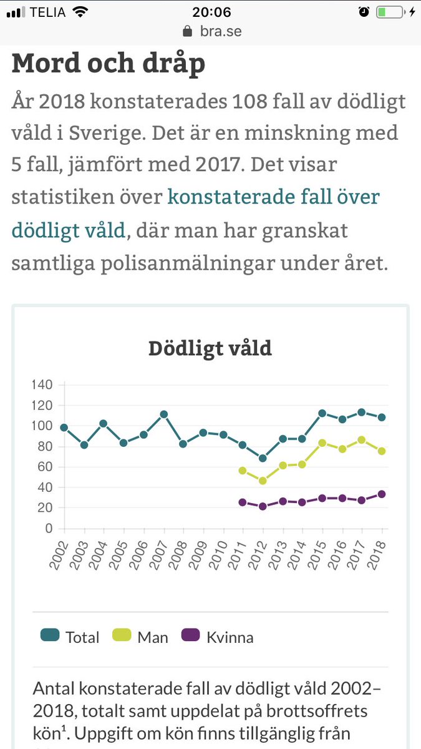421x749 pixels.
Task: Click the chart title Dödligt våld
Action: point(210,348)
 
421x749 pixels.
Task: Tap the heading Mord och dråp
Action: point(108,64)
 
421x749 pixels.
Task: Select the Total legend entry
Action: point(70,637)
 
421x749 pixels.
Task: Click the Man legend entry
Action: point(140,637)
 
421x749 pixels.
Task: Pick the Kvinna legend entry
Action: point(218,637)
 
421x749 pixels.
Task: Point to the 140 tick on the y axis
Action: point(42,384)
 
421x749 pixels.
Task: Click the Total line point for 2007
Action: point(163,414)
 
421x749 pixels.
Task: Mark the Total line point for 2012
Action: point(263,458)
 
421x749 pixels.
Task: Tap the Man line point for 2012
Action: point(263,481)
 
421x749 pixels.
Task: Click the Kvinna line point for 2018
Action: point(382,494)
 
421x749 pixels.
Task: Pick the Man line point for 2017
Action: point(362,440)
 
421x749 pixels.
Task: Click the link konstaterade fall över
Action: point(273,197)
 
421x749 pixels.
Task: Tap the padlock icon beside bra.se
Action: point(185,31)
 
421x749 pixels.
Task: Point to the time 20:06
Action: point(211,12)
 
